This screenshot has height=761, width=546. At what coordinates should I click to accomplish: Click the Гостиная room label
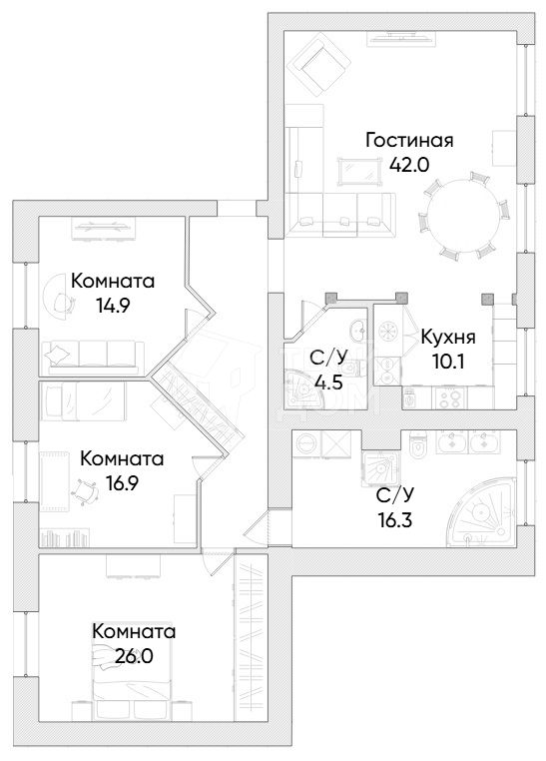point(409,141)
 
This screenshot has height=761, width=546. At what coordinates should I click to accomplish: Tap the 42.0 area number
point(409,166)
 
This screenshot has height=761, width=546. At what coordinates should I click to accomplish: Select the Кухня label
point(448,338)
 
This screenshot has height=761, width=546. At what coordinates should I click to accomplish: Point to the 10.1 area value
point(447,363)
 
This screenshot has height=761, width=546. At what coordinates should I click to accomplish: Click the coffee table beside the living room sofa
point(359,171)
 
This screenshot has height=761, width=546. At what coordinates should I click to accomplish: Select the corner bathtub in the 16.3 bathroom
point(481,512)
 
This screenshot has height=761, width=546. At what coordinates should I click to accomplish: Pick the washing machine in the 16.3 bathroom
point(305,443)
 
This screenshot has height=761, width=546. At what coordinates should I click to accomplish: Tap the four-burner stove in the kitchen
point(449,397)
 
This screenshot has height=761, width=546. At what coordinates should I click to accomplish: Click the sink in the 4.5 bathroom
point(357,331)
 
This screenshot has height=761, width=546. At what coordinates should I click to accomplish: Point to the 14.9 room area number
point(114,306)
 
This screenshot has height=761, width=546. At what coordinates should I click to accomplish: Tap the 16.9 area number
point(122,483)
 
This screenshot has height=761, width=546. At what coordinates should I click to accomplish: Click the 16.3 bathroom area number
point(394,520)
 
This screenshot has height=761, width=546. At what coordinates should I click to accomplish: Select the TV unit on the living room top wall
point(400,39)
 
